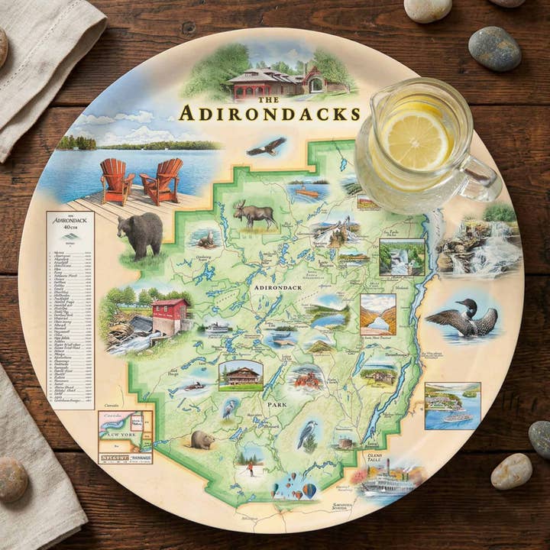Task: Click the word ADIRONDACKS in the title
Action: pyautogui.click(x=269, y=114)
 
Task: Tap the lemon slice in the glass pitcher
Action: pyautogui.click(x=416, y=139)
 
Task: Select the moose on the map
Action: pyautogui.click(x=255, y=214)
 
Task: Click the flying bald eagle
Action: pyautogui.click(x=266, y=147)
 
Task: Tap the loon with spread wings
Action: pyautogui.click(x=463, y=317)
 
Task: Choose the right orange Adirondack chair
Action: pyautogui.click(x=162, y=180)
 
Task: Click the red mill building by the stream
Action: pyautogui.click(x=170, y=315)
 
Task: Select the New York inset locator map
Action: pyautogui.click(x=125, y=436)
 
